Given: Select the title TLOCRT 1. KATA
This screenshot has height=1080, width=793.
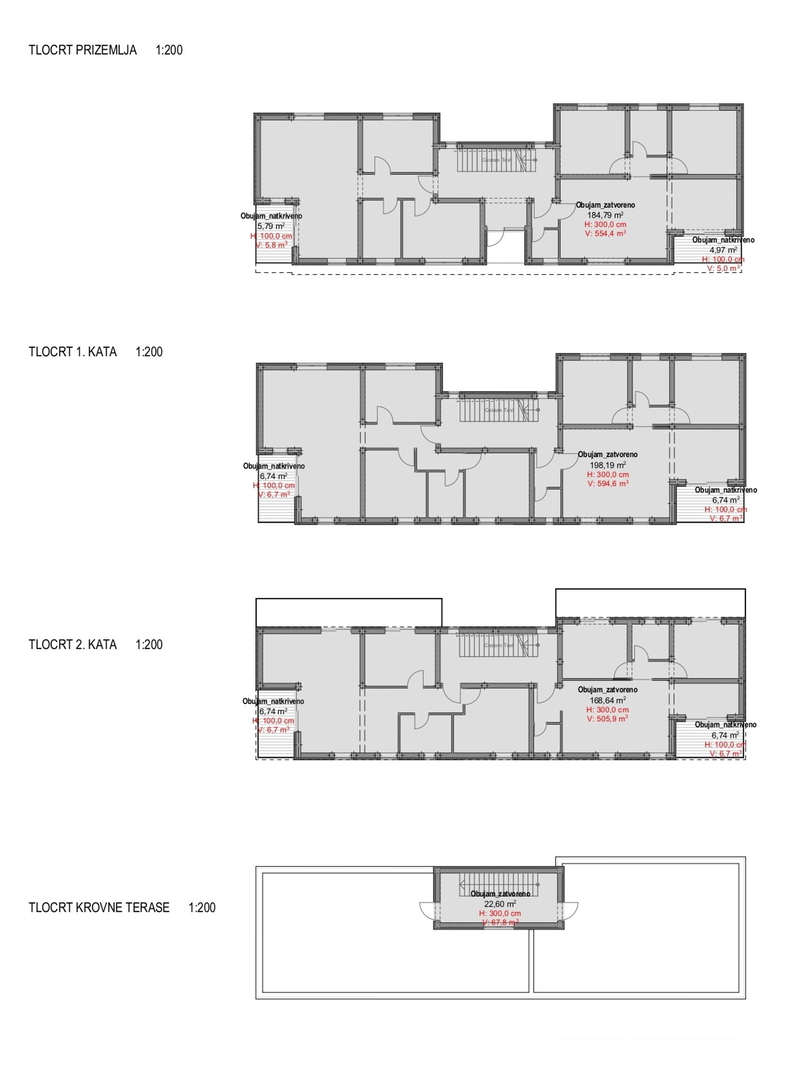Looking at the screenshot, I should pyautogui.click(x=74, y=352).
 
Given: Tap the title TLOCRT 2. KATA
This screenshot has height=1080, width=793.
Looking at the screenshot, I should pyautogui.click(x=74, y=645).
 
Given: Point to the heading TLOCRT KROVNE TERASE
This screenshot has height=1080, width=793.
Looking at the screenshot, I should pyautogui.click(x=99, y=908).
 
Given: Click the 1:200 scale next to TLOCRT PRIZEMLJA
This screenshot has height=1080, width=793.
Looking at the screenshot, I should pyautogui.click(x=170, y=49).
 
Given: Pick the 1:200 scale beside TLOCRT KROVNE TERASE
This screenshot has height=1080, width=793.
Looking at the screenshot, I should pyautogui.click(x=202, y=908).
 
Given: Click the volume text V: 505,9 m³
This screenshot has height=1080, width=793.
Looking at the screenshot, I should pyautogui.click(x=607, y=720).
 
